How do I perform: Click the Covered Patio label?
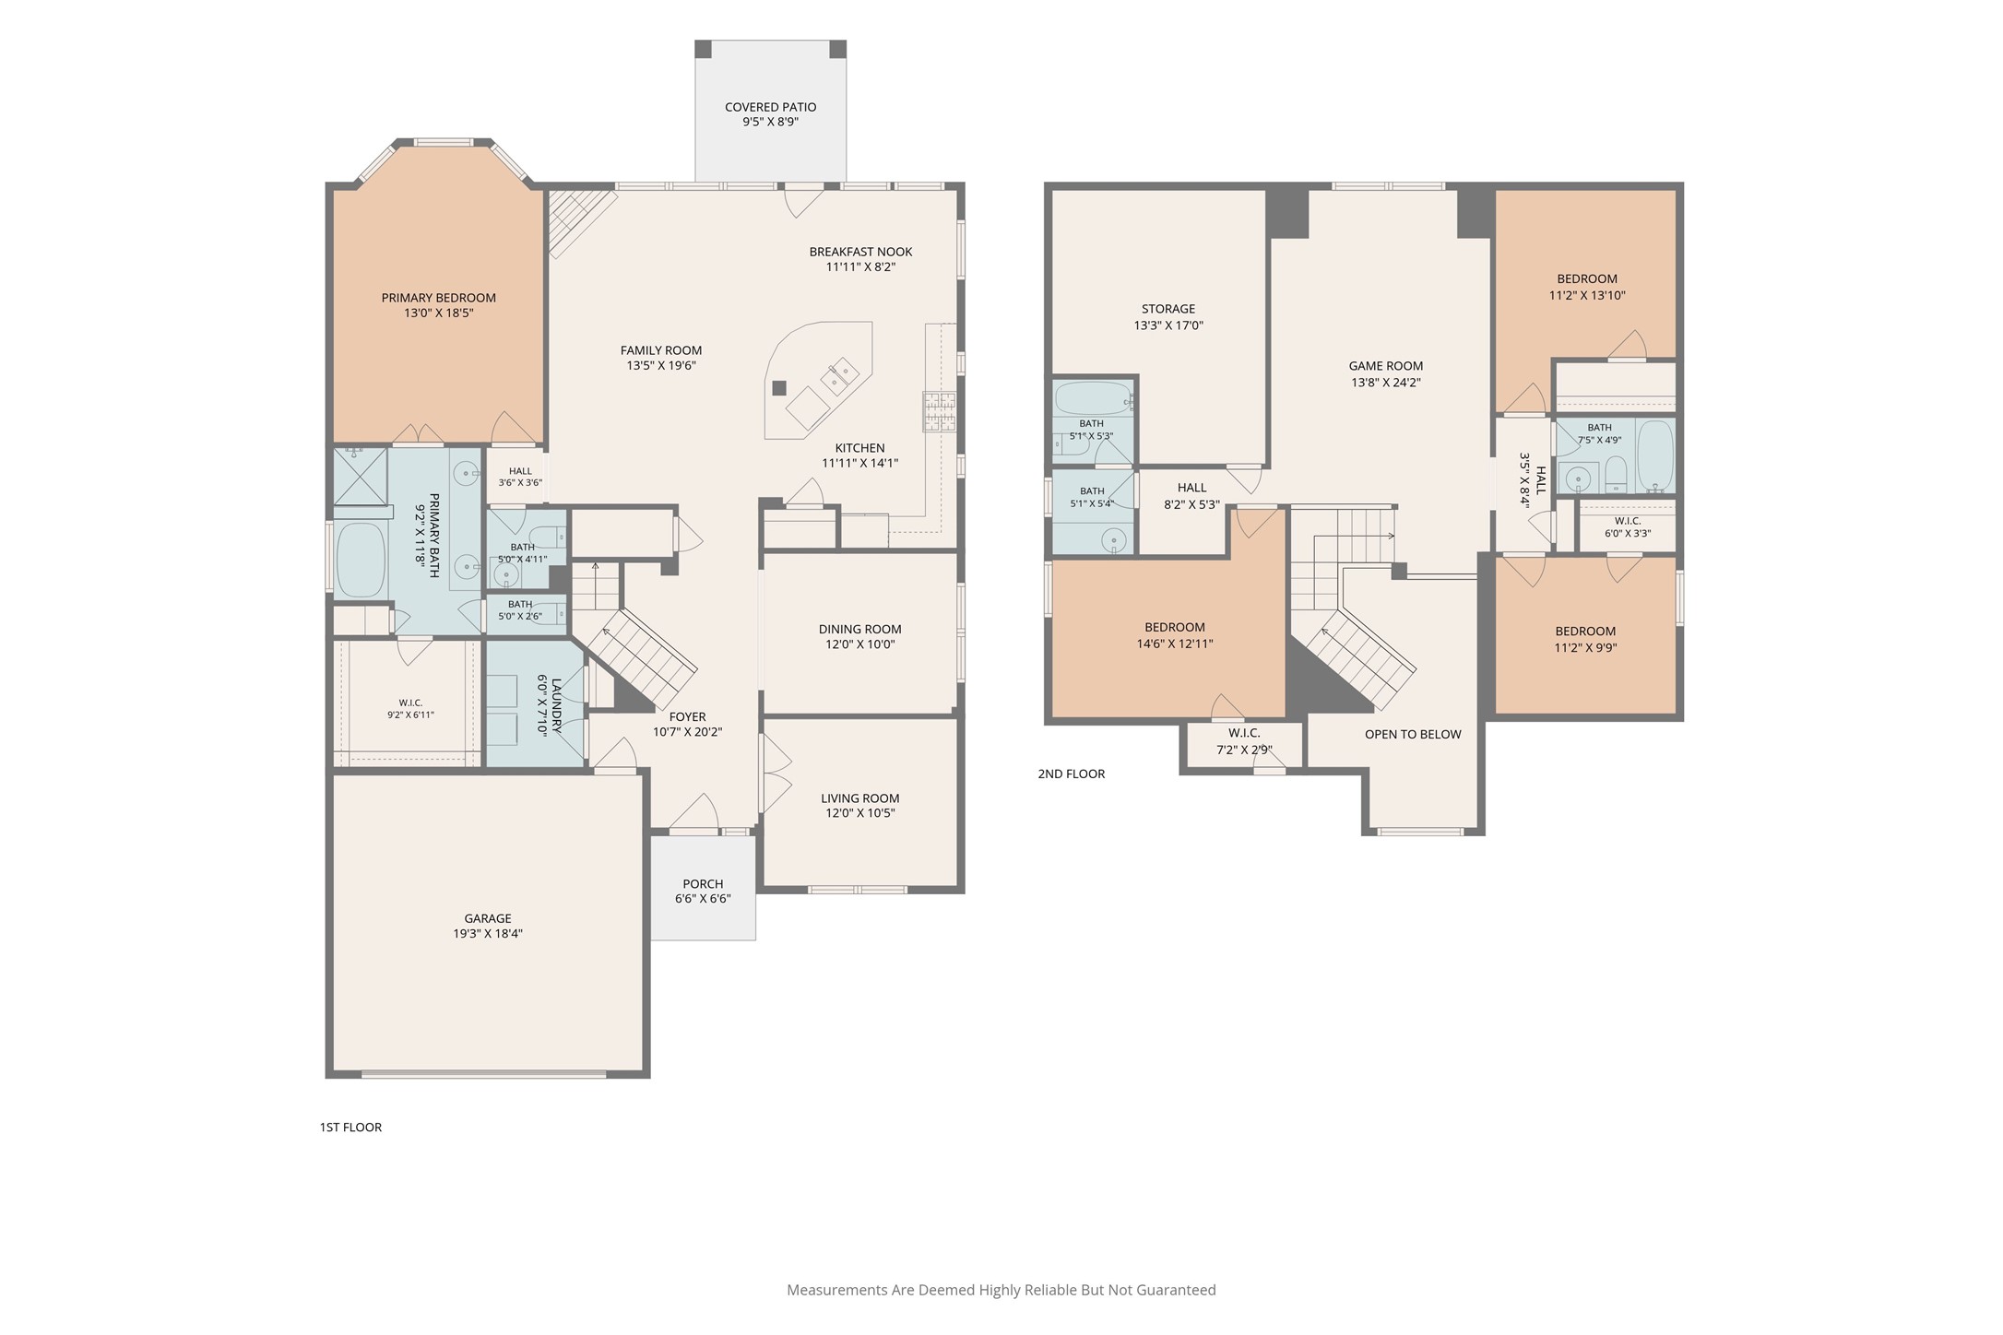[770, 107]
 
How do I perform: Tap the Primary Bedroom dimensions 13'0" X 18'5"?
[439, 313]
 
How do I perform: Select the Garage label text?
[488, 918]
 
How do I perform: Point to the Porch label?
[703, 884]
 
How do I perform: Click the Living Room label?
[860, 798]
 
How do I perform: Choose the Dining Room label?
[860, 630]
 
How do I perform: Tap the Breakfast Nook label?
[861, 252]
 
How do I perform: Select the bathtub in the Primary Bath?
[360, 561]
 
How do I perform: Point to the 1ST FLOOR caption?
[350, 1127]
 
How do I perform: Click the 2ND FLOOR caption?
[1072, 774]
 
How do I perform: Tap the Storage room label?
[1168, 309]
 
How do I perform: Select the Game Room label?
[1386, 366]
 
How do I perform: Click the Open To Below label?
[1413, 735]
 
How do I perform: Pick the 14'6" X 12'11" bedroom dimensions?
[1175, 644]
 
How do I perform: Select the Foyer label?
[688, 716]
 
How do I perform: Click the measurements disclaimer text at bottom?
[1001, 1290]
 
